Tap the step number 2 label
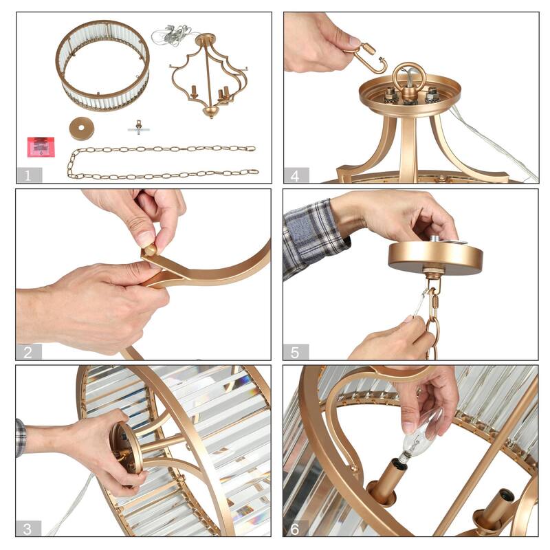(x=27, y=352)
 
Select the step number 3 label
(x=27, y=529)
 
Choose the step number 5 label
(x=295, y=352)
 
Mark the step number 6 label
(x=295, y=529)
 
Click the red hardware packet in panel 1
(x=41, y=147)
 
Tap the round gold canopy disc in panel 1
(x=81, y=129)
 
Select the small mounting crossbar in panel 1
(x=139, y=128)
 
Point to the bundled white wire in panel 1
(x=173, y=36)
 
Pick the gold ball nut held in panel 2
(x=151, y=250)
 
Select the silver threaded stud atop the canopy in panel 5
(x=436, y=238)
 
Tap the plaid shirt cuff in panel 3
(x=21, y=438)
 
